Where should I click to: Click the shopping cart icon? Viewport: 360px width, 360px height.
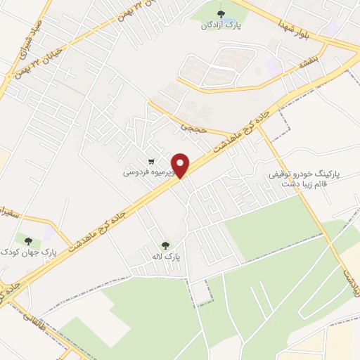(152, 160)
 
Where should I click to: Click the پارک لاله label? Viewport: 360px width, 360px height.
(168, 257)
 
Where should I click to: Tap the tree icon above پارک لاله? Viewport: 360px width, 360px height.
(165, 245)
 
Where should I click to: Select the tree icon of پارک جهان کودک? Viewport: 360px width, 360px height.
(29, 239)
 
